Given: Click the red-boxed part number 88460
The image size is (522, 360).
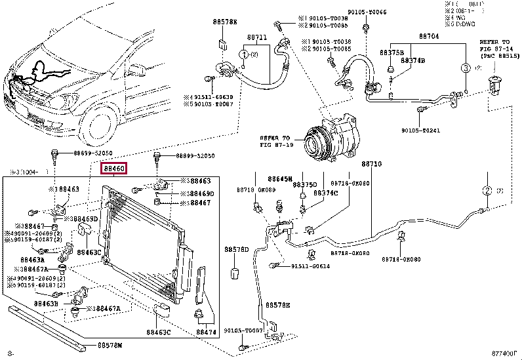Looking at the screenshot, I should pyautogui.click(x=113, y=169).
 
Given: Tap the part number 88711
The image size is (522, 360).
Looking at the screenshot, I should pyautogui.click(x=256, y=39).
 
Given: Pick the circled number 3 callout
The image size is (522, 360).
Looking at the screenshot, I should pyautogui.click(x=464, y=68).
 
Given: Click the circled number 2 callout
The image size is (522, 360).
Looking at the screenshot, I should pyautogui.click(x=487, y=191).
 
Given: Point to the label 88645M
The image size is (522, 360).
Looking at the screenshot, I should pyautogui.click(x=279, y=178).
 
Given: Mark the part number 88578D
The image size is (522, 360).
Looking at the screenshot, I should pyautogui.click(x=236, y=250).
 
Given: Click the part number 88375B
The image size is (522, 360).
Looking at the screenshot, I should pyautogui.click(x=391, y=52).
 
